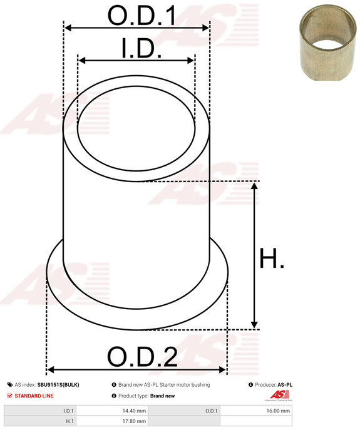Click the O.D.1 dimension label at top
tap(141, 16)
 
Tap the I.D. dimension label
tap(141, 48)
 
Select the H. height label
tap(271, 259)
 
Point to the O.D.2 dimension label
tap(142, 357)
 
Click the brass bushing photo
tap(327, 43)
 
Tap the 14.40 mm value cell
tap(134, 411)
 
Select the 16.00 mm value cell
tap(278, 411)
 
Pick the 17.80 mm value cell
tap(134, 421)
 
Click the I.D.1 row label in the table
tap(68, 411)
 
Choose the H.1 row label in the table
tap(69, 421)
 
